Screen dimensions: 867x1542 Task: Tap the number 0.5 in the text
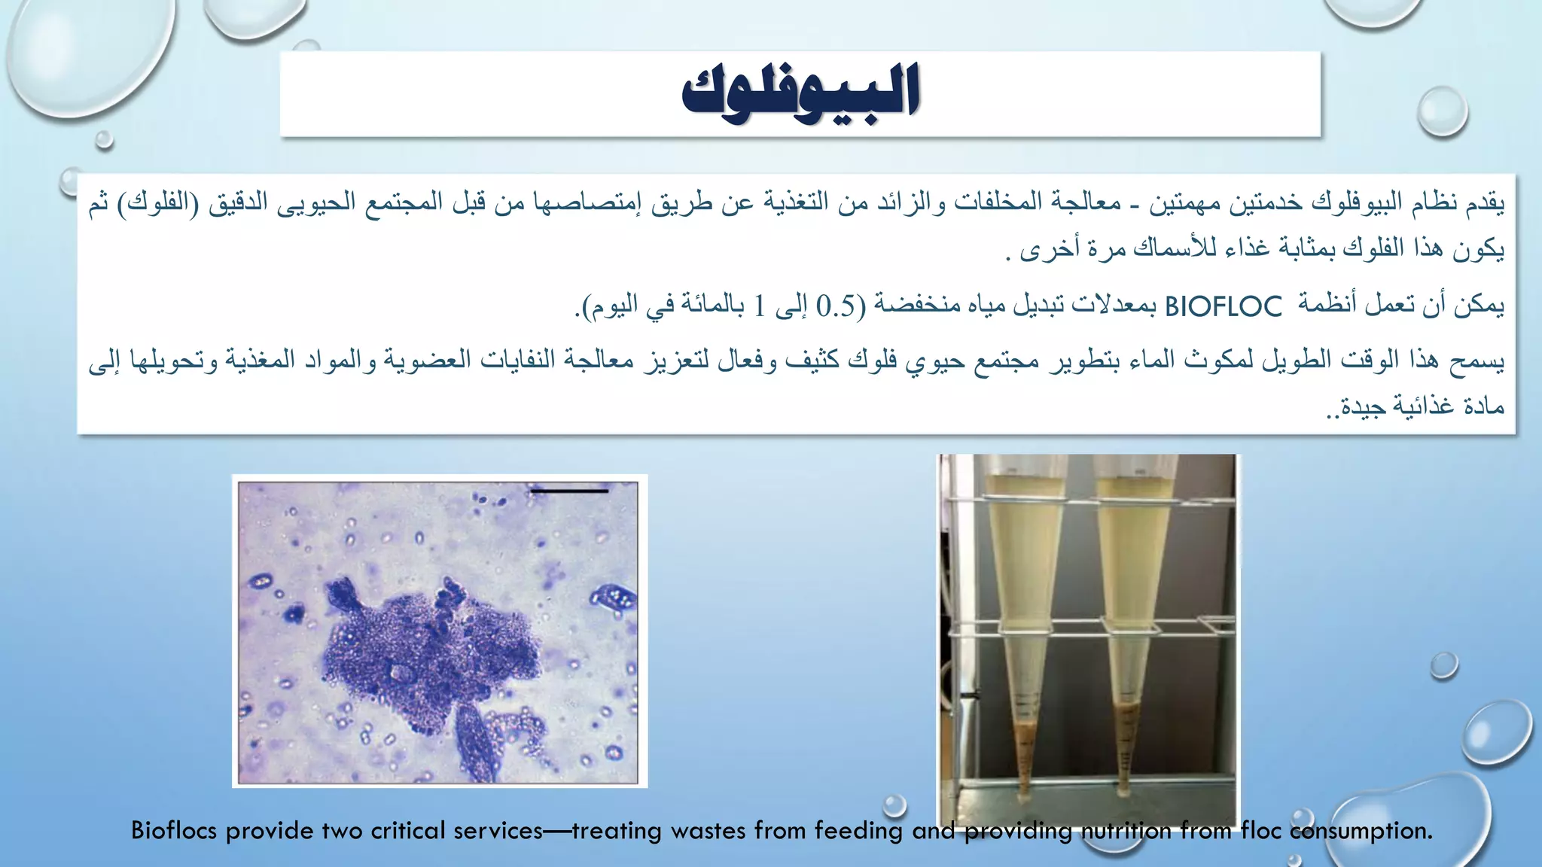(x=836, y=306)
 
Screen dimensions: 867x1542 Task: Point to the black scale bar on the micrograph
(x=569, y=491)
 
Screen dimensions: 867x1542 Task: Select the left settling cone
(x=1023, y=602)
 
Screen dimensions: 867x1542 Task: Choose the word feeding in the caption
(x=858, y=831)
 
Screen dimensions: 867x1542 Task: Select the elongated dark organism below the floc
(x=476, y=741)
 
